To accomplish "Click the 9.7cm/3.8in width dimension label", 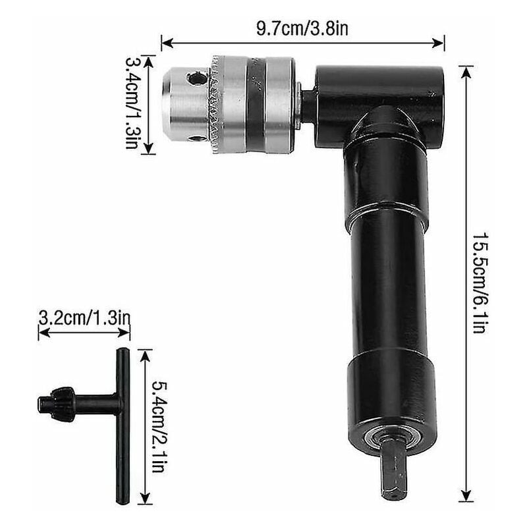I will point(302,29).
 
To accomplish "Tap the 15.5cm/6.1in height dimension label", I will point(479,283).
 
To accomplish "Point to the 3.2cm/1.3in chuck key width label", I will point(84,318).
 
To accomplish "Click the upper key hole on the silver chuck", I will point(196,79).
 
